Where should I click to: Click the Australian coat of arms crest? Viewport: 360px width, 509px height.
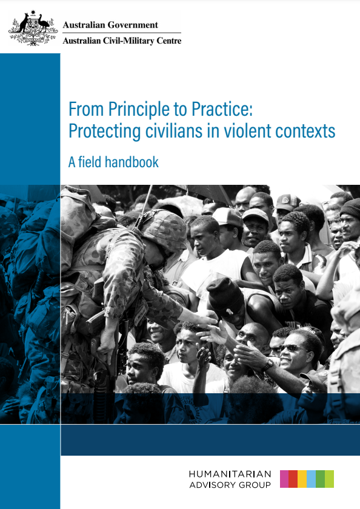(x=33, y=28)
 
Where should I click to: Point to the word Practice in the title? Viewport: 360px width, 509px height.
(x=222, y=109)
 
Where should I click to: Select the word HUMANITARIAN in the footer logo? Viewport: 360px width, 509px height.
(x=230, y=474)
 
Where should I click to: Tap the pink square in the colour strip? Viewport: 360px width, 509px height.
(x=284, y=479)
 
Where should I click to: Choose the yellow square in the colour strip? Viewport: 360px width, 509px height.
(x=302, y=479)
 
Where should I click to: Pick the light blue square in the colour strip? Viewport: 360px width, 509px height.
(x=312, y=479)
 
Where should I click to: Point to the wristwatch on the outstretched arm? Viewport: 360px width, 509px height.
(x=267, y=365)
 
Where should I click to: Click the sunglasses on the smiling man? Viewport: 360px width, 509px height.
(x=291, y=348)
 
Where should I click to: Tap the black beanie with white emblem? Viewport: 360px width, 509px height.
(x=225, y=296)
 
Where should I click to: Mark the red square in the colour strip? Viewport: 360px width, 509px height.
(x=293, y=479)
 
